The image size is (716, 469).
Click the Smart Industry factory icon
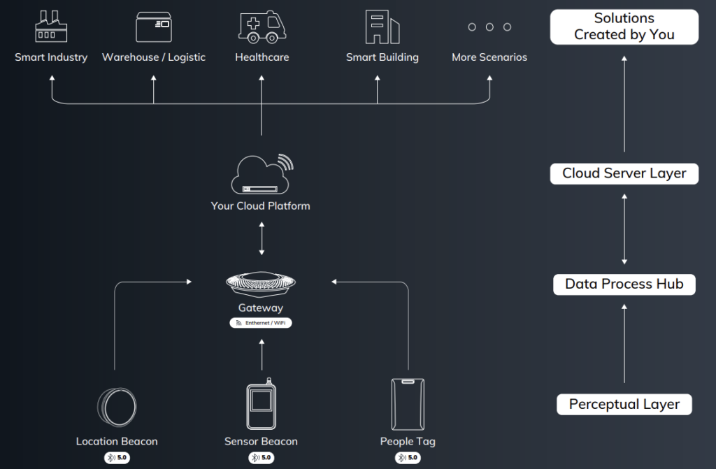[51, 27]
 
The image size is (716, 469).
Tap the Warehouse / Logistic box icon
[154, 27]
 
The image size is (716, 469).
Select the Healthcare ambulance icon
[262, 27]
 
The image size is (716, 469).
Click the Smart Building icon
[382, 27]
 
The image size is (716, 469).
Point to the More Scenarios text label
[489, 57]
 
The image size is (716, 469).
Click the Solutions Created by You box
[624, 27]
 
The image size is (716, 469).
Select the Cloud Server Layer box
[624, 173]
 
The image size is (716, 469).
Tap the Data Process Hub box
[624, 284]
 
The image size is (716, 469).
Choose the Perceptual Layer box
[624, 404]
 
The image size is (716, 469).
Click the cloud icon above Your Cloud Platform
[262, 175]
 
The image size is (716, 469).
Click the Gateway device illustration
[261, 284]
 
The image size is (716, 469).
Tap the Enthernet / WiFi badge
[261, 323]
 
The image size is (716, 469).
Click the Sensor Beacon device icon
[262, 404]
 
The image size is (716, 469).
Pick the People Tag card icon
[408, 404]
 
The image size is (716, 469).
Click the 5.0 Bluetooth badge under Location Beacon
[117, 458]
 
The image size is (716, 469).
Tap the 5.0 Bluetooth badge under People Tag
[408, 458]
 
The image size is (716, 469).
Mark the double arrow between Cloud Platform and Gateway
[262, 238]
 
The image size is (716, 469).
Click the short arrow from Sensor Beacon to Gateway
[262, 354]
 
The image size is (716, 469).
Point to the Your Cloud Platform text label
[260, 206]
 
